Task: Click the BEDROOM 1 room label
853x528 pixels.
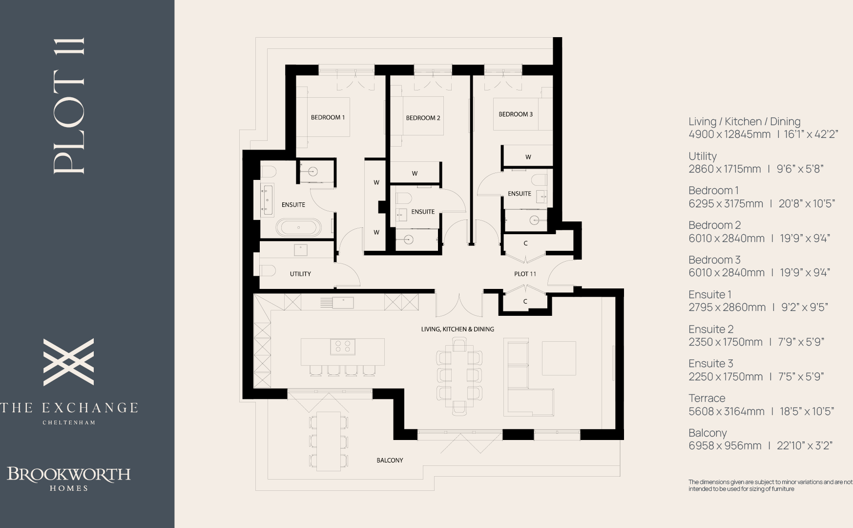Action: pos(328,117)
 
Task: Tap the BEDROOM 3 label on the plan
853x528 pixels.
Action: pos(515,114)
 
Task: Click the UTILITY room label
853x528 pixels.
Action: pos(300,274)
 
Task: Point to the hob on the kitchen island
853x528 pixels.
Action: pos(342,347)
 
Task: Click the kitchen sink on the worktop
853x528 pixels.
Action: pos(343,303)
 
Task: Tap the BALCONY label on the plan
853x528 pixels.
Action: pos(390,460)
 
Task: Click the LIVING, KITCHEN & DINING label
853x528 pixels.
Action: pos(458,329)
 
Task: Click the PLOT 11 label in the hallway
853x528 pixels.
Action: pos(525,274)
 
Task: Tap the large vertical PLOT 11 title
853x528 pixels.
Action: pos(69,105)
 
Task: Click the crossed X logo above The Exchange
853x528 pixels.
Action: pos(69,362)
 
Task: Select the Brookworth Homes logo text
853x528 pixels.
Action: pos(69,478)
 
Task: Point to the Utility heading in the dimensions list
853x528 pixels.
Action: pos(702,156)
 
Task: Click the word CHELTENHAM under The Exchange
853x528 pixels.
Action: pos(69,422)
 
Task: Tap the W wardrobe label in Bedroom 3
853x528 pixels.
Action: pos(528,157)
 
